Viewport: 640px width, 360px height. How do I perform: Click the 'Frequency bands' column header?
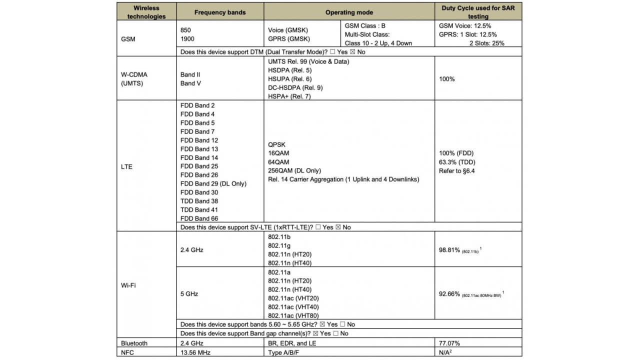(220, 12)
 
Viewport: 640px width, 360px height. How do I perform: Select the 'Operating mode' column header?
(349, 12)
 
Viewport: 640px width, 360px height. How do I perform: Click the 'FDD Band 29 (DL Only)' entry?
(213, 183)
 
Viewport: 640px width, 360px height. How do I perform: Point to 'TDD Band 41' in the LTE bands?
(199, 209)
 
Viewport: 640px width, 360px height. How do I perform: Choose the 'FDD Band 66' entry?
(199, 218)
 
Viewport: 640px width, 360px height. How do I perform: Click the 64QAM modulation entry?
(278, 162)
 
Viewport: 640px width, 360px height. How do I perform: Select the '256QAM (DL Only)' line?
(294, 170)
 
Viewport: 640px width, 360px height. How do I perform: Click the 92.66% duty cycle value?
(449, 294)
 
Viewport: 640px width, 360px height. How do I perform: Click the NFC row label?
(128, 352)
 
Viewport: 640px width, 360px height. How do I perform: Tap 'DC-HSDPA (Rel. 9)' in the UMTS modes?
(295, 88)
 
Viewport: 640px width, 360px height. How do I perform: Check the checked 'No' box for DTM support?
(353, 51)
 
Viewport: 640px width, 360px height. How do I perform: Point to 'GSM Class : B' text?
(365, 25)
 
